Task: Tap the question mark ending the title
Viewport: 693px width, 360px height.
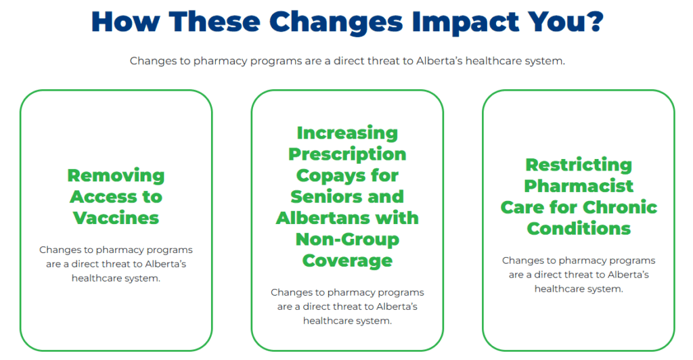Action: pyautogui.click(x=594, y=21)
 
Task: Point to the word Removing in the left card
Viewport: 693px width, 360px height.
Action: pyautogui.click(x=116, y=176)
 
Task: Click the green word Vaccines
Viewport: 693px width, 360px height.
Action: pyautogui.click(x=116, y=218)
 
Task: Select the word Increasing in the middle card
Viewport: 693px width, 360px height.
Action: pyautogui.click(x=347, y=133)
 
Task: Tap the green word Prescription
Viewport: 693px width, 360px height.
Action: pyautogui.click(x=347, y=154)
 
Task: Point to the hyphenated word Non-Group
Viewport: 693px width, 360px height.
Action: pyautogui.click(x=347, y=240)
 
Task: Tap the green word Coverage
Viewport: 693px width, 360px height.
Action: pyautogui.click(x=347, y=261)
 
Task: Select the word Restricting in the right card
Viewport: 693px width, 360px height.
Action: pyautogui.click(x=579, y=165)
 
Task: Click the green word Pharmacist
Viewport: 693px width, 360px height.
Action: pyautogui.click(x=579, y=186)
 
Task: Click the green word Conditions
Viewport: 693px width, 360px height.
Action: pyautogui.click(x=579, y=228)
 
